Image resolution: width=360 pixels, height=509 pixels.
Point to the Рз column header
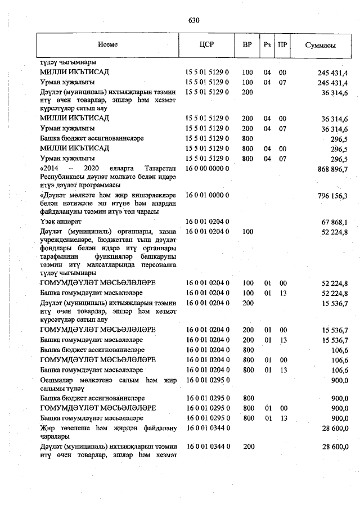point(267,45)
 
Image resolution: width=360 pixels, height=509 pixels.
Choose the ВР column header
point(247,45)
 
